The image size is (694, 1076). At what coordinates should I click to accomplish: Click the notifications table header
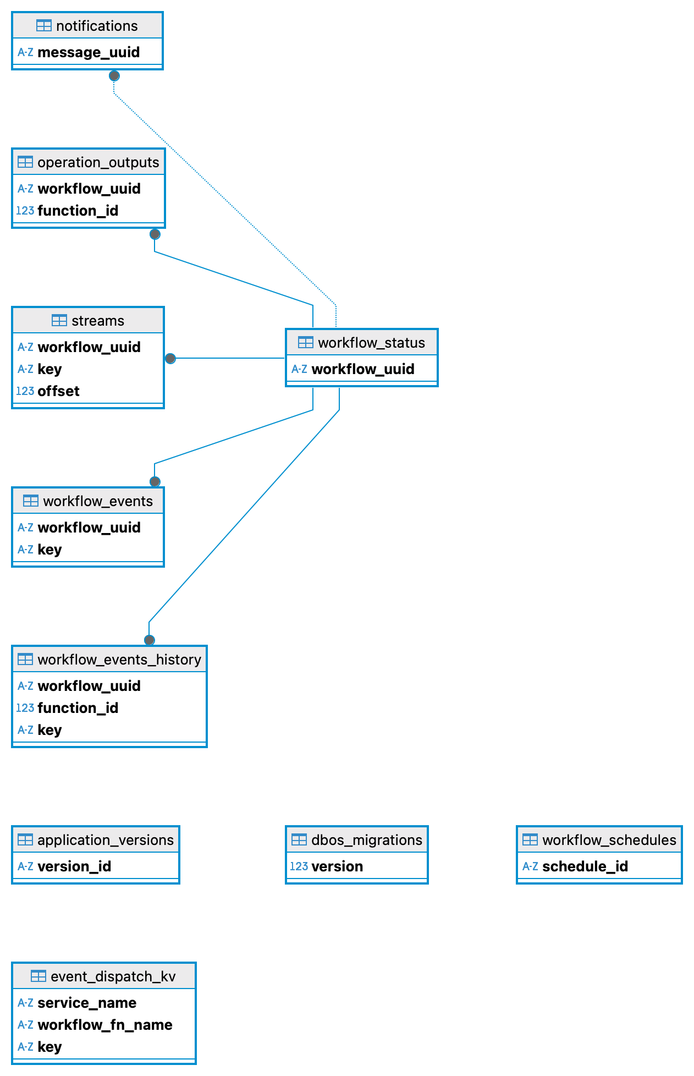(x=87, y=26)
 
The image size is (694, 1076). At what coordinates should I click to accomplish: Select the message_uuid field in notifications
(x=88, y=52)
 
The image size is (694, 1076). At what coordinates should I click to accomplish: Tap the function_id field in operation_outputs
(x=78, y=211)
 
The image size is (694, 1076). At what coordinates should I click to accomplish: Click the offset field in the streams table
(x=58, y=391)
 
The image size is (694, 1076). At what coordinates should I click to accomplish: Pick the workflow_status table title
(x=362, y=343)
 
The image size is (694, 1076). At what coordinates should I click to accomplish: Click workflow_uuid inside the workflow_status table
(x=362, y=369)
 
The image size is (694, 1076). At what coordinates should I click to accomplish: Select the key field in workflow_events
(x=49, y=550)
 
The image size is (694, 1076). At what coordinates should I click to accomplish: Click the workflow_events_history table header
(x=109, y=660)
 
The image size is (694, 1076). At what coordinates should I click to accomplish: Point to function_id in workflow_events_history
(x=78, y=708)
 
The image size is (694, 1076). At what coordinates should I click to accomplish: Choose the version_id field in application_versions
(x=74, y=866)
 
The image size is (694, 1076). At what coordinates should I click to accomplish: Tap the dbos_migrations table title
(x=357, y=840)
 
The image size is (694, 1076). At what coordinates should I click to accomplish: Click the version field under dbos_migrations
(x=337, y=866)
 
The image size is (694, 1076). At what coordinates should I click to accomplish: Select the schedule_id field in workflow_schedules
(x=585, y=866)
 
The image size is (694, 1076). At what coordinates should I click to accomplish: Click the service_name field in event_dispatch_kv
(x=87, y=1003)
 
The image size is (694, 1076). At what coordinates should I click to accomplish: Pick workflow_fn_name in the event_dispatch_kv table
(x=104, y=1025)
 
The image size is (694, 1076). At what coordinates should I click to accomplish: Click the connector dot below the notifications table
(x=114, y=76)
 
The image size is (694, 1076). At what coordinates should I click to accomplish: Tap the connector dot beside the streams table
(x=170, y=359)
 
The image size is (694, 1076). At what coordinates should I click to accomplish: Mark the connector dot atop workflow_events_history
(x=150, y=640)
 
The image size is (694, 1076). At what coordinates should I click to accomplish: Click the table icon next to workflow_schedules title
(x=530, y=840)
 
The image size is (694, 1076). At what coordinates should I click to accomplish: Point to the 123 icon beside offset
(x=25, y=391)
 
